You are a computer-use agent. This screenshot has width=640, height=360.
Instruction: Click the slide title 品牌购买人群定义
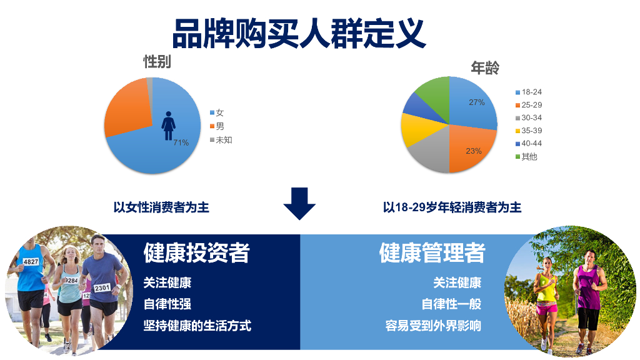(299, 33)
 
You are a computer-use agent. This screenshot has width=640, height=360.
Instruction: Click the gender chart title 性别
(157, 62)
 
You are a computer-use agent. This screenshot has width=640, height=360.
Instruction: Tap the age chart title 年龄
(484, 68)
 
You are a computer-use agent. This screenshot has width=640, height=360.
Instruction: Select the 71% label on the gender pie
(181, 143)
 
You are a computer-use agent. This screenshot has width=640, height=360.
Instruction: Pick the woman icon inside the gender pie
(169, 126)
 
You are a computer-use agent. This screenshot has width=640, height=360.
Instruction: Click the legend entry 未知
(223, 140)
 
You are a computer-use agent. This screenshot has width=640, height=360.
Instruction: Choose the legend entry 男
(219, 126)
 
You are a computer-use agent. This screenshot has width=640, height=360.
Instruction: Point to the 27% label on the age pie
(477, 102)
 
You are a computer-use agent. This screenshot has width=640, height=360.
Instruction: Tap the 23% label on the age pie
(474, 151)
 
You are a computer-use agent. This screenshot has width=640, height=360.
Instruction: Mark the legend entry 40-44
(531, 143)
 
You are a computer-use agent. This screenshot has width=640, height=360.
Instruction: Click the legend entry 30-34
(531, 117)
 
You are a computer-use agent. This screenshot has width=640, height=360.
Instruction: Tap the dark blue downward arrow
(300, 203)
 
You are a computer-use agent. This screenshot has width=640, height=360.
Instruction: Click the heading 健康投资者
(197, 252)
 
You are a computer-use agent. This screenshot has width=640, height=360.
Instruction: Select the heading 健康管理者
(432, 252)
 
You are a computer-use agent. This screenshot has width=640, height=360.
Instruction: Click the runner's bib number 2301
(102, 287)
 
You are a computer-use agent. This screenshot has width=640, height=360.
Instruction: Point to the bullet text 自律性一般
(451, 304)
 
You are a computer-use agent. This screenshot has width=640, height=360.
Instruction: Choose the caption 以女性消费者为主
(161, 207)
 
